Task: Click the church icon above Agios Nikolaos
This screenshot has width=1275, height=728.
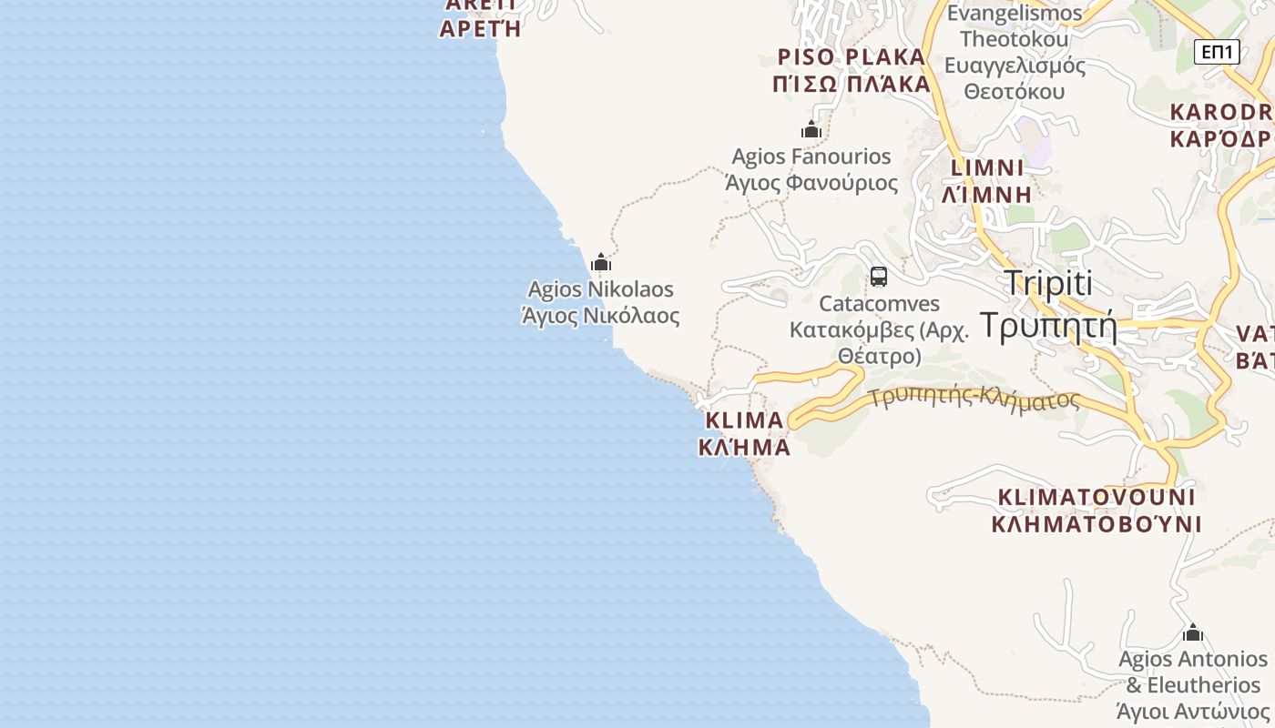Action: pyautogui.click(x=601, y=263)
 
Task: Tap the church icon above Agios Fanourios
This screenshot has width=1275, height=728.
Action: pyautogui.click(x=811, y=130)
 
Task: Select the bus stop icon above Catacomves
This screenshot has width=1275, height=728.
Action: pyautogui.click(x=878, y=277)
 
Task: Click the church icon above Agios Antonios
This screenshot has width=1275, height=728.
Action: pyautogui.click(x=1193, y=632)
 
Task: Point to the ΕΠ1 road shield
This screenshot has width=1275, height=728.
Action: pyautogui.click(x=1217, y=52)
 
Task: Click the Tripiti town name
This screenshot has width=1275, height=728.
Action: pyautogui.click(x=1048, y=283)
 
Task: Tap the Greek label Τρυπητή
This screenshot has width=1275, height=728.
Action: pyautogui.click(x=1048, y=324)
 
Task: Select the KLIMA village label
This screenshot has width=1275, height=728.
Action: pyautogui.click(x=744, y=420)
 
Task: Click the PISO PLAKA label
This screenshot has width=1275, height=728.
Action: pyautogui.click(x=852, y=57)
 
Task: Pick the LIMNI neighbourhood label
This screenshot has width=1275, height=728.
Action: pyautogui.click(x=987, y=168)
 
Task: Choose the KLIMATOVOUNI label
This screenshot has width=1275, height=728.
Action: pyautogui.click(x=1096, y=497)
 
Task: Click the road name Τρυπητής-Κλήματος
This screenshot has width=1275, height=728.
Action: pyautogui.click(x=974, y=399)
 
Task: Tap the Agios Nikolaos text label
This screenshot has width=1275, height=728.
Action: pyautogui.click(x=601, y=289)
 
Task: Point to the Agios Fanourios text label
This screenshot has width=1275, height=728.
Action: pyautogui.click(x=811, y=157)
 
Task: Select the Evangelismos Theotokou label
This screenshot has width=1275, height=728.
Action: pyautogui.click(x=1015, y=26)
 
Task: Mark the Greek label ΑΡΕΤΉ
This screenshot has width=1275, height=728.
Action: pyautogui.click(x=480, y=28)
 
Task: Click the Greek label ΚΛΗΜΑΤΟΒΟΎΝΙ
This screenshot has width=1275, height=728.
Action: pyautogui.click(x=1096, y=524)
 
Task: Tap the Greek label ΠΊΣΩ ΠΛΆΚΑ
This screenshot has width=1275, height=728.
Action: pyautogui.click(x=852, y=85)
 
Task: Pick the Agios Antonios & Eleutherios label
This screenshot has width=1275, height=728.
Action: pyautogui.click(x=1193, y=672)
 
